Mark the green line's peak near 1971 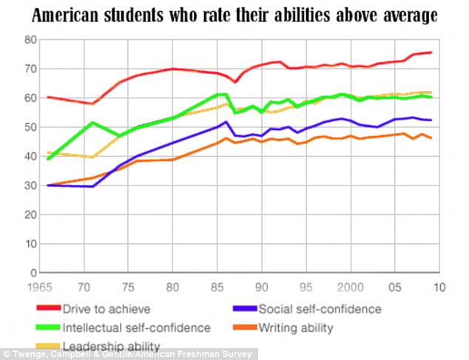coord(92,122)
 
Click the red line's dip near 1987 coord(235,81)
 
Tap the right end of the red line coord(431,52)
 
